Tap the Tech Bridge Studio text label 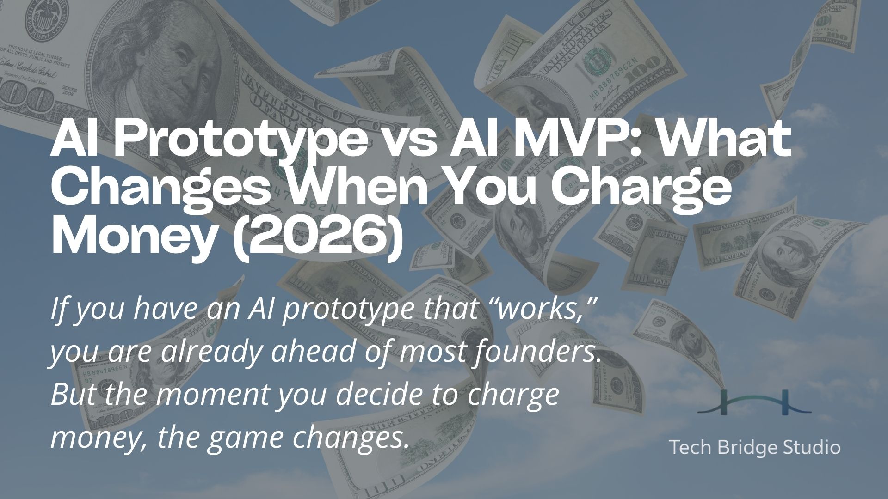(754, 447)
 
